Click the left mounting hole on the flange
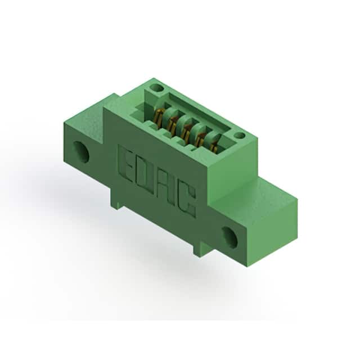(81, 152)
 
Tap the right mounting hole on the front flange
(229, 237)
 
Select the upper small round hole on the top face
(156, 88)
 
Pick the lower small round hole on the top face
(240, 135)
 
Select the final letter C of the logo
(187, 201)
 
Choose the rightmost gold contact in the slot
(214, 147)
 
